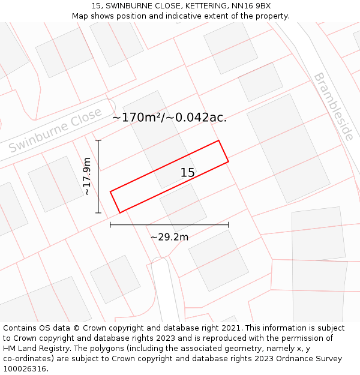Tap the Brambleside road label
point(334,107)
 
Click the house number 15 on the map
point(188,173)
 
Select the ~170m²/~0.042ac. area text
point(169,118)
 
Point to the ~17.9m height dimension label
point(87,176)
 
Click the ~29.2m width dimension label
point(169,237)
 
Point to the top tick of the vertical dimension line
point(98,141)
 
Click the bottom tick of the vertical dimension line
point(98,212)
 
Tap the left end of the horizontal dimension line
point(110,225)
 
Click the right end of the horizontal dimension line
point(228,225)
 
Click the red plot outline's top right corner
point(218,141)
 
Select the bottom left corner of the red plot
point(120,212)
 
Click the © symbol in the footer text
point(76,328)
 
